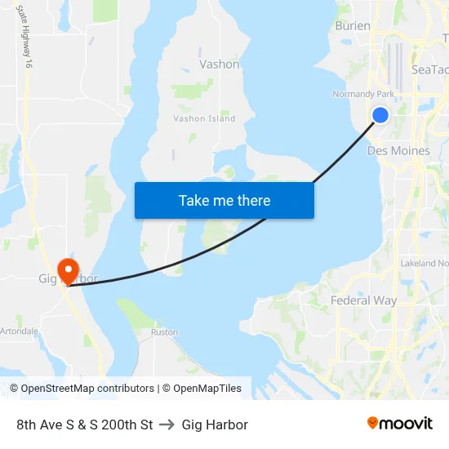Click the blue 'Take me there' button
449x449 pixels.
point(224,200)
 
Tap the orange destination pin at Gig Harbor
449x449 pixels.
point(68,269)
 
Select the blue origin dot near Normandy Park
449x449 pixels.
point(380,115)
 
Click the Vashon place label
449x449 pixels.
point(220,64)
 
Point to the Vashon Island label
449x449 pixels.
point(204,118)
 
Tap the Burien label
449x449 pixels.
point(353,26)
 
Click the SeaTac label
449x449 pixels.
point(430,70)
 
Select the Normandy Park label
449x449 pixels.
point(363,94)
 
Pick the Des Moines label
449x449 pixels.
point(399,151)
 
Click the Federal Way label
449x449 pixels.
point(364,300)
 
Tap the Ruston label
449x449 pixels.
point(164,333)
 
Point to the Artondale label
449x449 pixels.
point(20,331)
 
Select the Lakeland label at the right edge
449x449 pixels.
point(425,263)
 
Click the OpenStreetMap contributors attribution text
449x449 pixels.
point(87,389)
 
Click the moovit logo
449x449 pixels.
point(400,424)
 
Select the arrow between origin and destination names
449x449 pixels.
point(167,425)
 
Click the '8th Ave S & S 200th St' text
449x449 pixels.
point(85,425)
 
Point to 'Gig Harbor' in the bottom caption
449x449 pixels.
point(215,425)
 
